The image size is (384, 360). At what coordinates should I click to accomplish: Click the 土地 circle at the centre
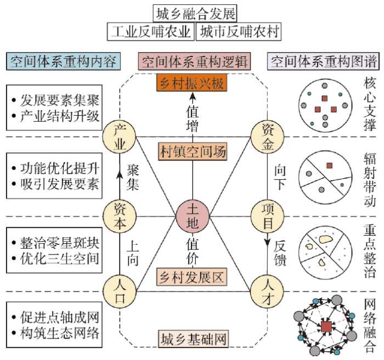click(193, 216)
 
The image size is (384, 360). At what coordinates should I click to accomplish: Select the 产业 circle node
click(119, 137)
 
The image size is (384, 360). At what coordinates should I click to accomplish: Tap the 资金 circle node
click(268, 137)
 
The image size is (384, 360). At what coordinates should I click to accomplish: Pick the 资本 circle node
click(120, 216)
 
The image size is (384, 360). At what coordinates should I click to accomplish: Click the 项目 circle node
click(268, 216)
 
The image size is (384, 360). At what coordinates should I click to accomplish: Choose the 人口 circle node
click(120, 292)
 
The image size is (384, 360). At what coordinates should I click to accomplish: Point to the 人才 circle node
click(267, 292)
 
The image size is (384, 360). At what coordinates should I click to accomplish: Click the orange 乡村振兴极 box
click(192, 83)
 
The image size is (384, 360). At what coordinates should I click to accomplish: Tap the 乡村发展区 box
click(192, 277)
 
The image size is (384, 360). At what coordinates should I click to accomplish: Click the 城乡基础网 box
click(193, 339)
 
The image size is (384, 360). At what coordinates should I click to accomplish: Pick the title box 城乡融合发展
click(195, 13)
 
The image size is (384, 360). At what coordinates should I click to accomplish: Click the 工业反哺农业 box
click(151, 32)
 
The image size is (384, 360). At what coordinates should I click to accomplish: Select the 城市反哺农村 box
click(239, 32)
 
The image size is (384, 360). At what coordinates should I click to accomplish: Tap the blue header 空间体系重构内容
click(63, 61)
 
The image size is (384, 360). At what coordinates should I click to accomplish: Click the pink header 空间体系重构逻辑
click(194, 61)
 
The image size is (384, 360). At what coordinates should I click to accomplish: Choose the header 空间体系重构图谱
click(323, 61)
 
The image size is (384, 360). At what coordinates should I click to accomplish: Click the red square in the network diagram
click(326, 327)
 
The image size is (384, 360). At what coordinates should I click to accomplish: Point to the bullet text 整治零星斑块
click(59, 243)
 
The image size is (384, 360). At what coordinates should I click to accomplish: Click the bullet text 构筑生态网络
click(59, 333)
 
